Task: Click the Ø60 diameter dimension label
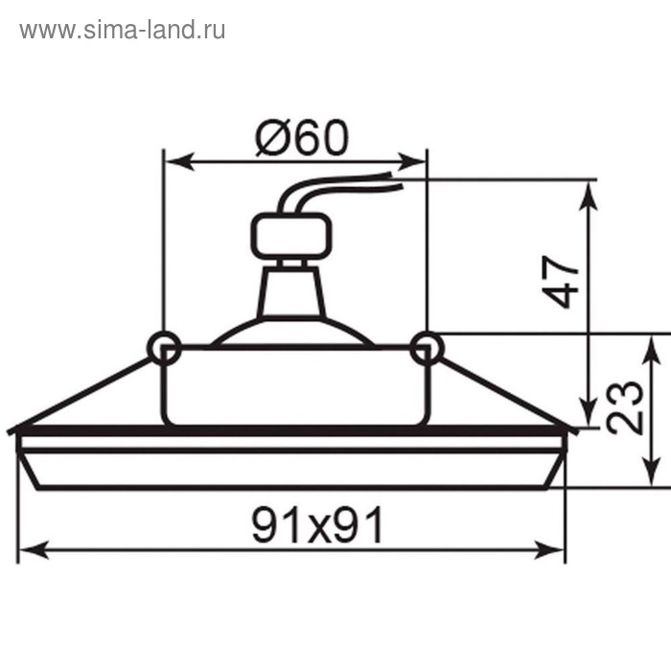point(300,140)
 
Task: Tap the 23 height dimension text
point(625,408)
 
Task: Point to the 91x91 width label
point(317,524)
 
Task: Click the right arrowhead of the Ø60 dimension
point(416,162)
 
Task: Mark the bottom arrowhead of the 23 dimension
point(652,477)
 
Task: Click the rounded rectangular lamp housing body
point(292,383)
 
